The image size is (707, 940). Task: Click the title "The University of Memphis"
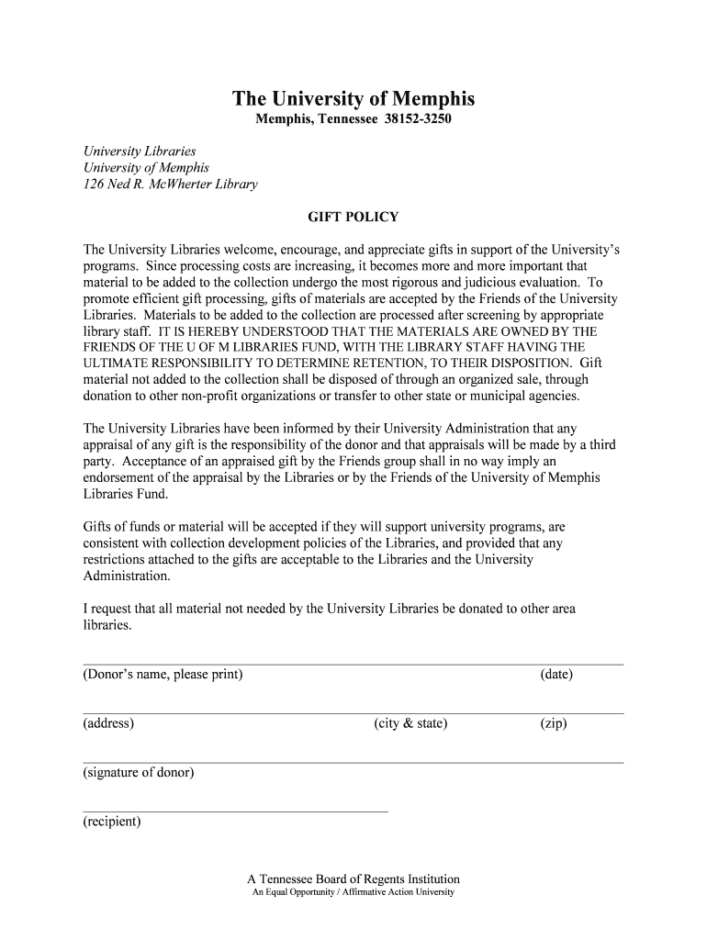click(353, 99)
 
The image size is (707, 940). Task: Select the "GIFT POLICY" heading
click(353, 218)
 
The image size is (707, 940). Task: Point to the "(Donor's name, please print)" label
click(163, 675)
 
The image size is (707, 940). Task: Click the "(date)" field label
click(556, 675)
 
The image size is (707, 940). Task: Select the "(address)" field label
click(108, 723)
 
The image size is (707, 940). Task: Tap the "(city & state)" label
click(410, 723)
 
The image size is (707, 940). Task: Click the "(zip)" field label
click(554, 723)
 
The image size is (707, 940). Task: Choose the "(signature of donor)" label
click(139, 773)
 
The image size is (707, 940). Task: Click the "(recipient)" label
click(112, 822)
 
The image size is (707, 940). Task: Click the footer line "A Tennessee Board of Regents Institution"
click(353, 878)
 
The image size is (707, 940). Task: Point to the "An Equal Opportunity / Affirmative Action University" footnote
click(353, 892)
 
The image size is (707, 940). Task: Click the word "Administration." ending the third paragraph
click(127, 576)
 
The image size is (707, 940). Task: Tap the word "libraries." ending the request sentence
click(107, 625)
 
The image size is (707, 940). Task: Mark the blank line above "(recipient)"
click(235, 811)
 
